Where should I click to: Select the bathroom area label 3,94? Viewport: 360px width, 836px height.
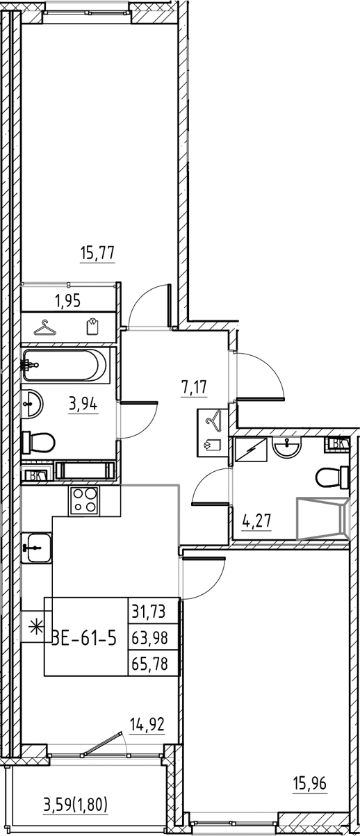click(x=82, y=404)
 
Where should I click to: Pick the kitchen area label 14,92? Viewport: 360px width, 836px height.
click(x=147, y=726)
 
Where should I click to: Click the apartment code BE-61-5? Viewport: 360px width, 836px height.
click(x=83, y=636)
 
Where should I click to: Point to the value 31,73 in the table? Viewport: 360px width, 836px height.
click(x=154, y=612)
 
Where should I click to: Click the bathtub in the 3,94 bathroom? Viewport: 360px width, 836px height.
click(x=65, y=364)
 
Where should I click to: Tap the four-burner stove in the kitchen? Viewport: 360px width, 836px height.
click(x=84, y=500)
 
